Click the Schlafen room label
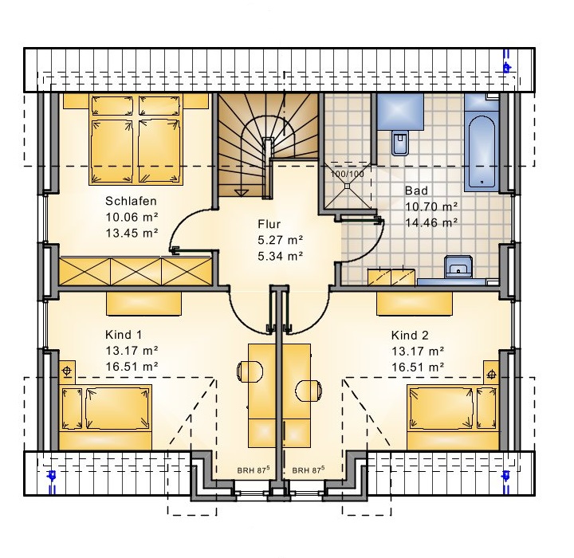131,201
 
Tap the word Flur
269,224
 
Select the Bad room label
416,191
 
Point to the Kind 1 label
124,335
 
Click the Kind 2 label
410,335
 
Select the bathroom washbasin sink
458,266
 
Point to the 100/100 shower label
347,174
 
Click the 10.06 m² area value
132,217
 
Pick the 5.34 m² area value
281,256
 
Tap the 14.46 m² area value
431,222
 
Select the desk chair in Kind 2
309,391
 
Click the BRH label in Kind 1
254,470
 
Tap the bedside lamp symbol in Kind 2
492,375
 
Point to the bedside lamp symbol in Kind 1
67,371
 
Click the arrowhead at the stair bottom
241,193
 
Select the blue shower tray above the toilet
400,112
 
